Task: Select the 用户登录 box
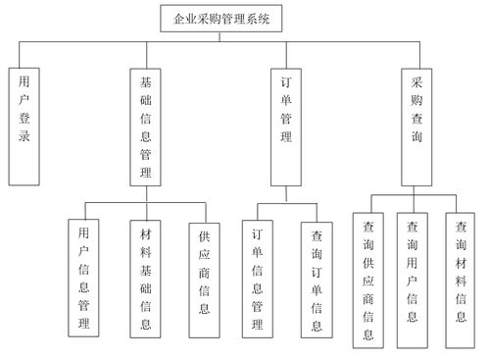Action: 24,125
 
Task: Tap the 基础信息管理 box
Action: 146,125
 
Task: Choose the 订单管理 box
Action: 285,125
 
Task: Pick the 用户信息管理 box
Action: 83,278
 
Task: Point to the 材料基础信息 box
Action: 146,278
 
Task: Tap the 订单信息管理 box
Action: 257,278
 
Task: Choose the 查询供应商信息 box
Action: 367,280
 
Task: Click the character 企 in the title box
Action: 177,17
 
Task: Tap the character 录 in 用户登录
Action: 24,136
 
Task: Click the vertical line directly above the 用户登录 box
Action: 24,54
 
